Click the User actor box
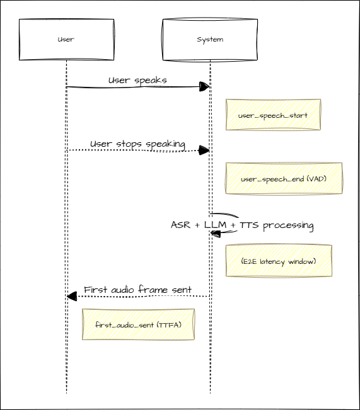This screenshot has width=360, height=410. (x=66, y=40)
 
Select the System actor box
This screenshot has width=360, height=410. (x=209, y=40)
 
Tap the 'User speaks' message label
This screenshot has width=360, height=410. (x=137, y=80)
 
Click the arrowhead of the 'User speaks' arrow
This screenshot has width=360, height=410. (x=204, y=86)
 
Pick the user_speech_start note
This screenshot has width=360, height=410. (x=273, y=115)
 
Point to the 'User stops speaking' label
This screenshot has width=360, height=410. (x=137, y=144)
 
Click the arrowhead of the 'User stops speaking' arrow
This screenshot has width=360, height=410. (x=204, y=150)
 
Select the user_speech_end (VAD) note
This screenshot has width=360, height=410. (x=283, y=179)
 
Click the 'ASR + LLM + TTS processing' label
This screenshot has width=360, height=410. (x=242, y=225)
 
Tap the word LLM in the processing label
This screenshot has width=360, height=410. (x=214, y=225)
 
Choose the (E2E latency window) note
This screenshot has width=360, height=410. (x=278, y=261)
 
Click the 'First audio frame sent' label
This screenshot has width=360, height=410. (x=137, y=290)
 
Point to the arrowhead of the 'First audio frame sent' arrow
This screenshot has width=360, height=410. (x=72, y=296)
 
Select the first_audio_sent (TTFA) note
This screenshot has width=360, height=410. (x=137, y=324)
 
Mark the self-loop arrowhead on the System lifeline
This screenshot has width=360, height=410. (x=215, y=233)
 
